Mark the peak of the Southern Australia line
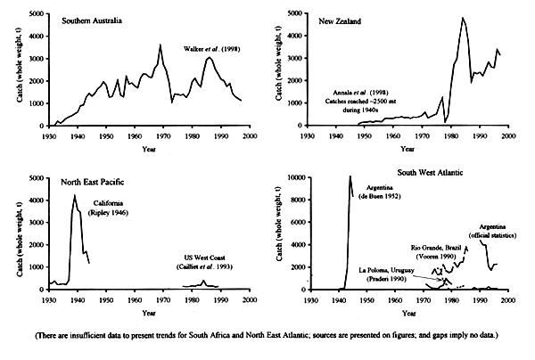click(160, 45)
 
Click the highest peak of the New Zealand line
click(463, 18)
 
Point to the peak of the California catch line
click(75, 195)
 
